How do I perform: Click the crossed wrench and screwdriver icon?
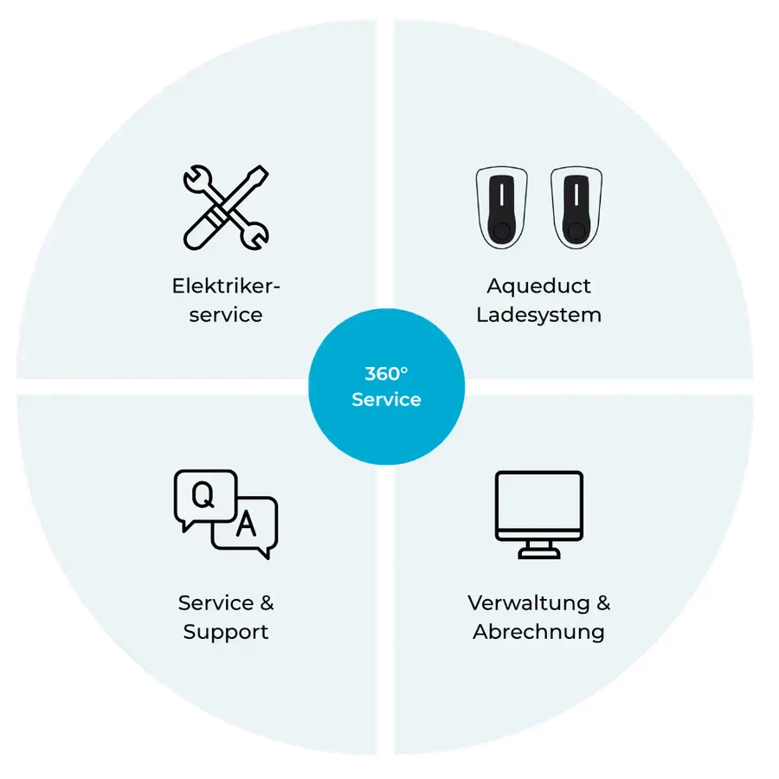click(226, 207)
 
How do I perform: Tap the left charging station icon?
click(502, 207)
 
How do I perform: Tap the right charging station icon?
click(576, 207)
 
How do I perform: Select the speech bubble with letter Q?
click(205, 499)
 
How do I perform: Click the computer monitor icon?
click(539, 515)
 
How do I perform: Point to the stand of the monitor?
click(539, 550)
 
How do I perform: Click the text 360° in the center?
click(387, 374)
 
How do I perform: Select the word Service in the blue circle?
click(387, 399)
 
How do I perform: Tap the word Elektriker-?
click(226, 286)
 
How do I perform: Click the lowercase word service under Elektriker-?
click(226, 315)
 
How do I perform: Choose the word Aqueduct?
click(539, 286)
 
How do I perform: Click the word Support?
click(226, 633)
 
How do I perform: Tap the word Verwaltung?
click(529, 603)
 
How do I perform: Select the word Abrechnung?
click(539, 633)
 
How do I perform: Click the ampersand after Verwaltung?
click(603, 602)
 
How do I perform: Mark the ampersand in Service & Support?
click(267, 602)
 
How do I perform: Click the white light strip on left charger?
click(502, 195)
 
